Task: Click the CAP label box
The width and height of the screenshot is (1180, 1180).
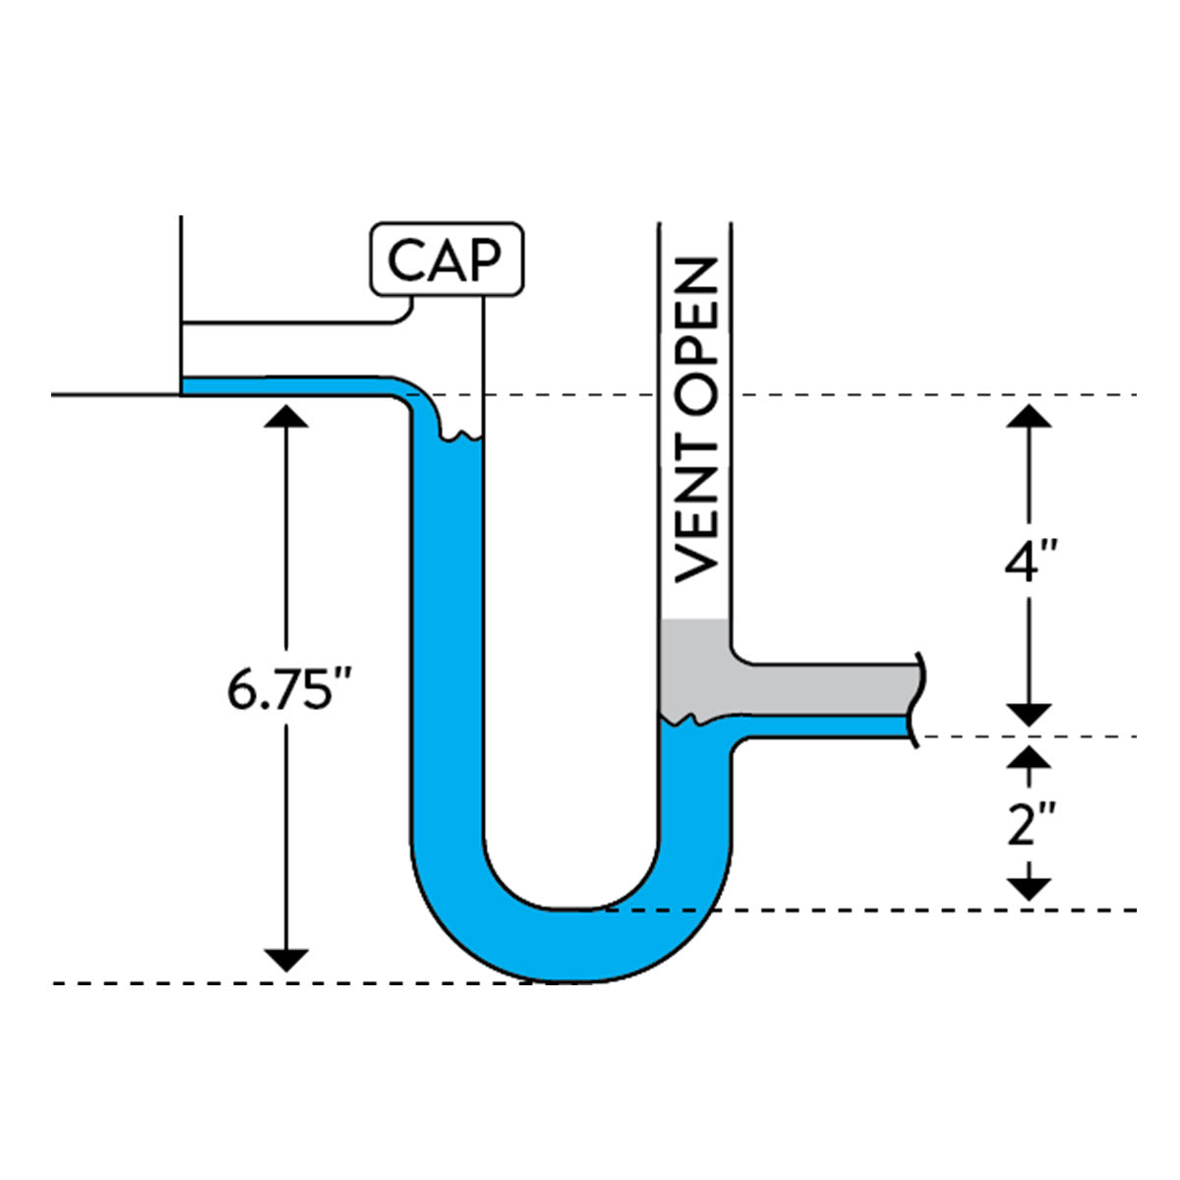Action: pyautogui.click(x=445, y=259)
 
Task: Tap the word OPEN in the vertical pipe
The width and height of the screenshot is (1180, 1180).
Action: pyautogui.click(x=697, y=331)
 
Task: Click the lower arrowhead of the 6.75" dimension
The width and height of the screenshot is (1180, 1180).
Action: pyautogui.click(x=287, y=960)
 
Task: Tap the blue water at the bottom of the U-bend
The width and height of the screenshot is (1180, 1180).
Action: pyautogui.click(x=570, y=944)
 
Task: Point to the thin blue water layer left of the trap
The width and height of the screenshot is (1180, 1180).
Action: pyautogui.click(x=285, y=385)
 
